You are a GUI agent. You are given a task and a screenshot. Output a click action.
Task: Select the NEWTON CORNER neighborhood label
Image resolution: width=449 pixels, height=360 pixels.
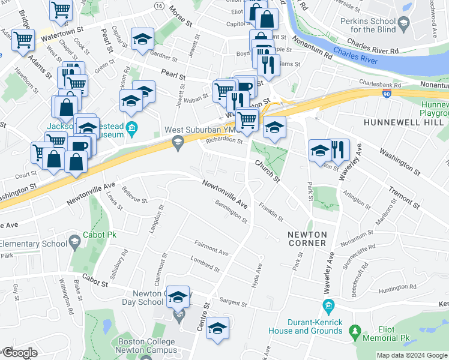[307, 239]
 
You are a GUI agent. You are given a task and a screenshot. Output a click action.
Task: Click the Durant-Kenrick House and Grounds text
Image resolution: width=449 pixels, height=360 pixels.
[315, 326]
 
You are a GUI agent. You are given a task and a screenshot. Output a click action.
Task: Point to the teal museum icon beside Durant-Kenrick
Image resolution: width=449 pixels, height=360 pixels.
[328, 307]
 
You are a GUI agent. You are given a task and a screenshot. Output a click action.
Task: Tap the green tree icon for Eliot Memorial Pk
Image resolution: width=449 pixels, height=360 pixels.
[355, 331]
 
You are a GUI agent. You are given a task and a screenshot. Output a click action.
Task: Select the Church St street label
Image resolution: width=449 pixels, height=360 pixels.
[267, 171]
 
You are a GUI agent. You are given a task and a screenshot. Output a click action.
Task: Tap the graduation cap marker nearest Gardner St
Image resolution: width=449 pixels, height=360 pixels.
[142, 40]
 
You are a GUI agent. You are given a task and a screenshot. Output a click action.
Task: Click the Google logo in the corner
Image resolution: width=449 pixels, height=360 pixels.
[20, 353]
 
